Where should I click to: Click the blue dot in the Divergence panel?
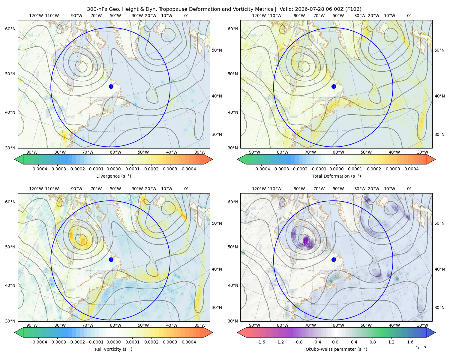pos(111,86)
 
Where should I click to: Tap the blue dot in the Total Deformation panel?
pos(334,86)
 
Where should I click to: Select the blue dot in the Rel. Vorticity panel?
pos(111,259)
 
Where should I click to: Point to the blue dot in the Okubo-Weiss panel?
pos(334,259)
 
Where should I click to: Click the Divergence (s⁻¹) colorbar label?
pos(113,176)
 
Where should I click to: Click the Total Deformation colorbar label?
pos(336,176)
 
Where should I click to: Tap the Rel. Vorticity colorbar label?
pos(113,349)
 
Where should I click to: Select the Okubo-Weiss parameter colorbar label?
pos(336,349)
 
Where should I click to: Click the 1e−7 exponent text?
pos(421,348)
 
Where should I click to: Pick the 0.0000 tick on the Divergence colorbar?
pos(113,169)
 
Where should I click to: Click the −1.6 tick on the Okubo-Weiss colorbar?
pos(260,342)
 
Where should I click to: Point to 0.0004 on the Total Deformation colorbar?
pos(411,169)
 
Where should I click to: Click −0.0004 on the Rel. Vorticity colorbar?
pos(38,342)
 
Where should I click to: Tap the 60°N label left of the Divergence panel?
pos(10,29)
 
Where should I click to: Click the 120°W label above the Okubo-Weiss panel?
pos(259,189)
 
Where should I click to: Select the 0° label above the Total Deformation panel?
pos(409,16)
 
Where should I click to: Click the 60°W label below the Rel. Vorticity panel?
pos(115,325)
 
